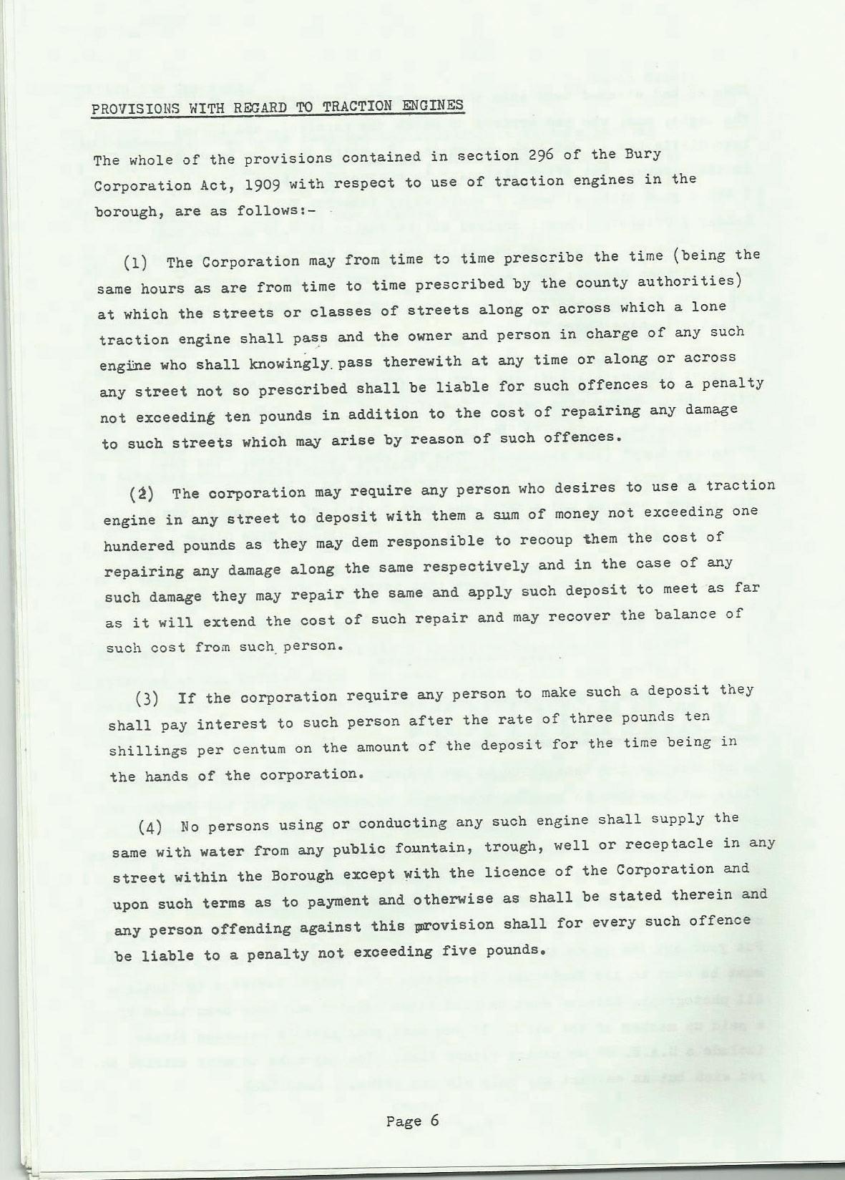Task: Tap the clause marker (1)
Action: click(x=136, y=262)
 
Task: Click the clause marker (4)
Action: click(x=150, y=828)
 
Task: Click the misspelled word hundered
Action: click(x=138, y=545)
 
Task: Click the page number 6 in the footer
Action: click(x=434, y=1121)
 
